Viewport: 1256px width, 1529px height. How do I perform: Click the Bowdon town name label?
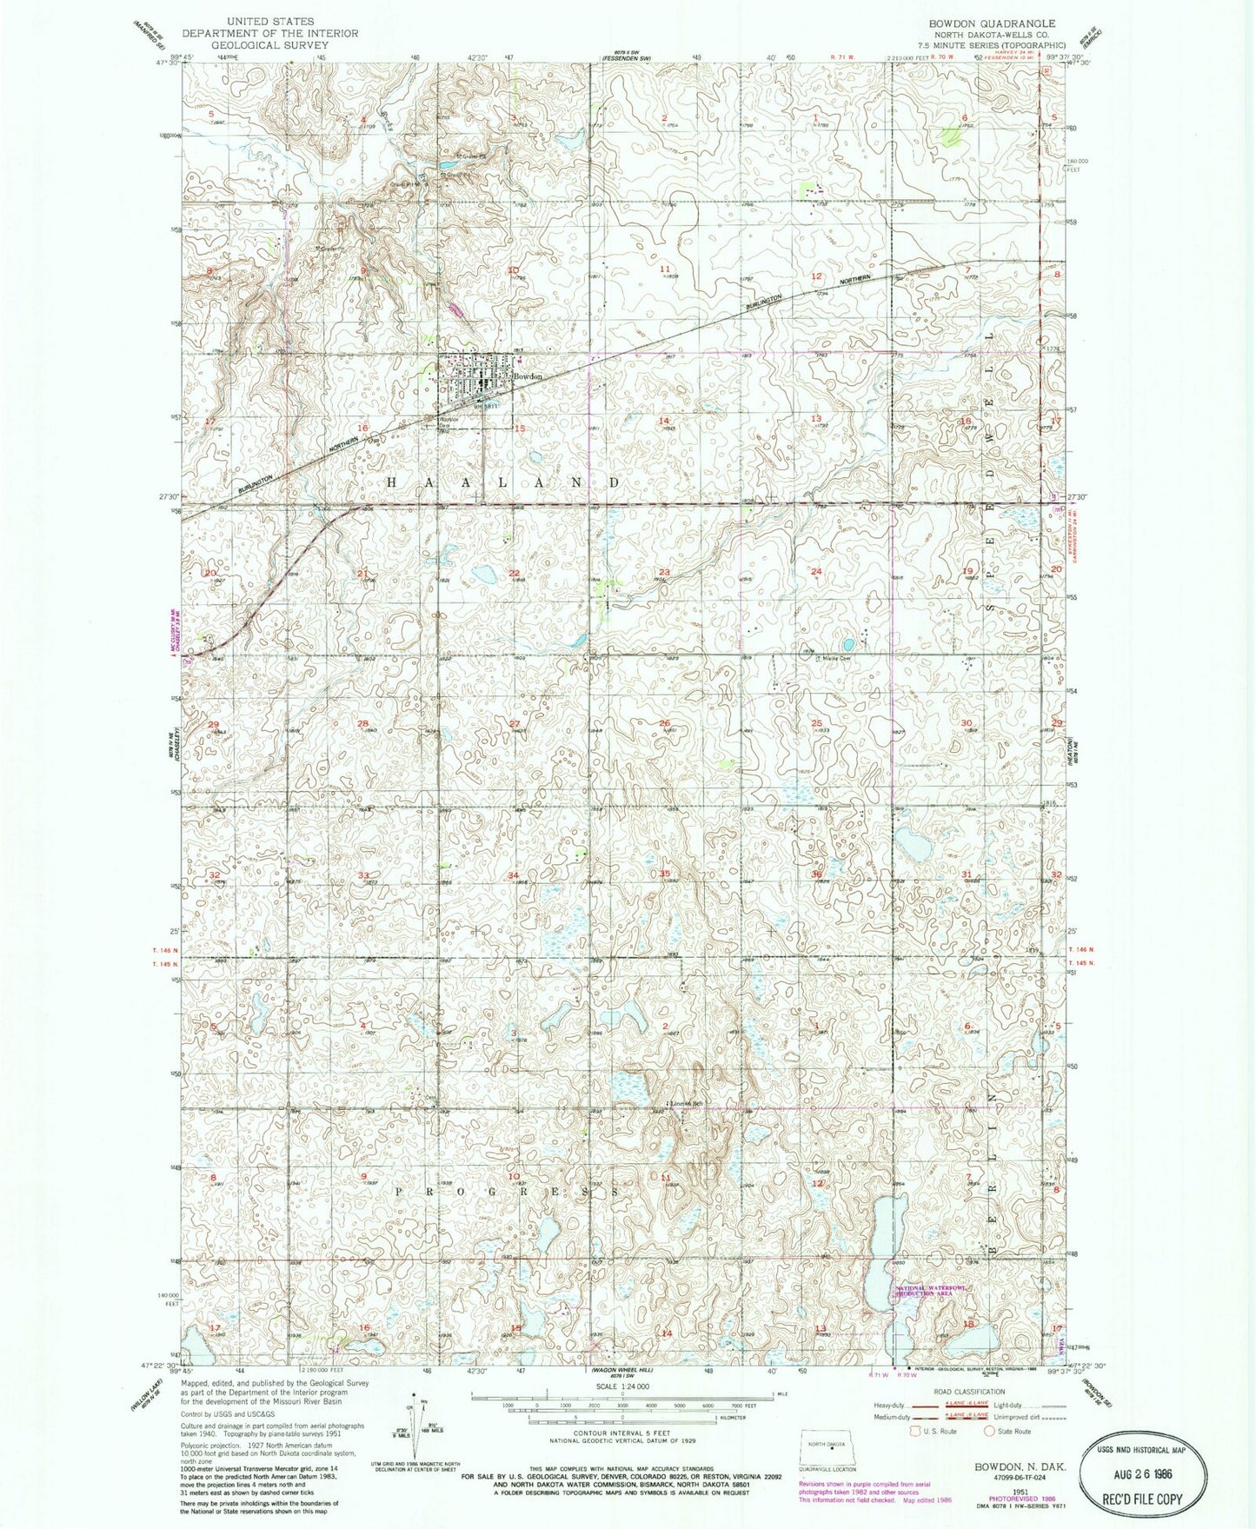528,376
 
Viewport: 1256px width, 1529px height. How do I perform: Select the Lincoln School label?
685,1105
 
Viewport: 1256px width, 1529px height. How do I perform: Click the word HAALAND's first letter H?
391,482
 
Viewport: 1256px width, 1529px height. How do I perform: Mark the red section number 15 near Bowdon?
519,429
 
